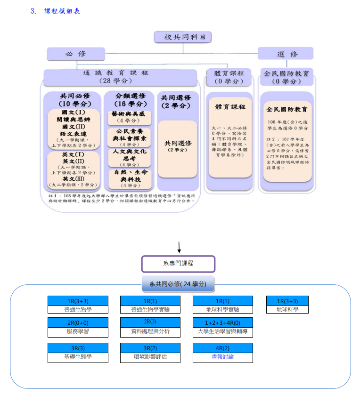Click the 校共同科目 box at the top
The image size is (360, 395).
182,37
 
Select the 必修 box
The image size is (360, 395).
75,54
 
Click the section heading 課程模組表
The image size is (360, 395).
62,11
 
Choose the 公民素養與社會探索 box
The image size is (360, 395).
129,137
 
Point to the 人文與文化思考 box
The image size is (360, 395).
129,158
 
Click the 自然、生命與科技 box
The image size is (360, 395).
129,178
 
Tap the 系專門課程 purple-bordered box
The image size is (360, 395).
178,264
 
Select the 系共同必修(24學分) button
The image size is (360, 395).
178,284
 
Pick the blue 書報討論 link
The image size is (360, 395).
222,357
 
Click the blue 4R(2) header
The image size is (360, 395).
222,348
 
